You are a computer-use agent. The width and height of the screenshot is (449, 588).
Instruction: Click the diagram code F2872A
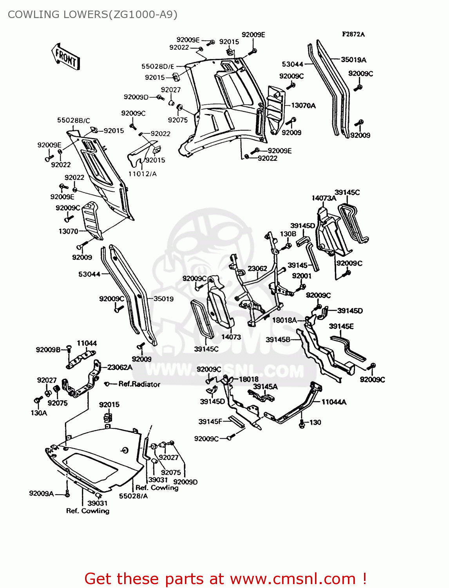(x=353, y=34)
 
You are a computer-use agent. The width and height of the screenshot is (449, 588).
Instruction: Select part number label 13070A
(x=303, y=105)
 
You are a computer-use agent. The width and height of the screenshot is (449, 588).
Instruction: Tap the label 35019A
(x=353, y=60)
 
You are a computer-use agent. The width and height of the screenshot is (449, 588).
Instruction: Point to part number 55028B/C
(x=73, y=120)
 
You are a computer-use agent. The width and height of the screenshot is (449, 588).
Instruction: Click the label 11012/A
(x=142, y=174)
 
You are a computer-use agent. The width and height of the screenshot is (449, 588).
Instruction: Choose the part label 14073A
(x=324, y=198)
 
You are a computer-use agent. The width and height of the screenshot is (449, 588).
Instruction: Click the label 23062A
(x=120, y=367)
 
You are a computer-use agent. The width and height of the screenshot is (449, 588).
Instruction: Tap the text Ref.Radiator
(x=139, y=384)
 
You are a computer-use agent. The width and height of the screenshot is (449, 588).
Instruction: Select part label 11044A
(x=334, y=402)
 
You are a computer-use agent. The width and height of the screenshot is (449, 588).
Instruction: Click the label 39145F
(x=210, y=421)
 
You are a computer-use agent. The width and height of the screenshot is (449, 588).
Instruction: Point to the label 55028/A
(x=133, y=496)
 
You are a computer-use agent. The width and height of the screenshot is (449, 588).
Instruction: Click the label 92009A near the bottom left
(x=41, y=493)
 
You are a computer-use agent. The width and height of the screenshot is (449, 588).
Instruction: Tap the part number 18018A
(x=284, y=320)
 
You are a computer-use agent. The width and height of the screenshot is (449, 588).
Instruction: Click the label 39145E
(x=341, y=326)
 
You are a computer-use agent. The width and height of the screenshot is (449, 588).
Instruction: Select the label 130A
(x=39, y=413)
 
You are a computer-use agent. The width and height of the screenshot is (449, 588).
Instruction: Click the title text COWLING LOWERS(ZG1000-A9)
(x=92, y=15)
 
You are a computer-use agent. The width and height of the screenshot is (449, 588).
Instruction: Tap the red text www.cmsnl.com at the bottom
(x=293, y=579)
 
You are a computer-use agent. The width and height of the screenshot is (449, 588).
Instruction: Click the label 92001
(x=301, y=276)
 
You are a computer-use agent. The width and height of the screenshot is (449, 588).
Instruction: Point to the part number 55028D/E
(x=158, y=66)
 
